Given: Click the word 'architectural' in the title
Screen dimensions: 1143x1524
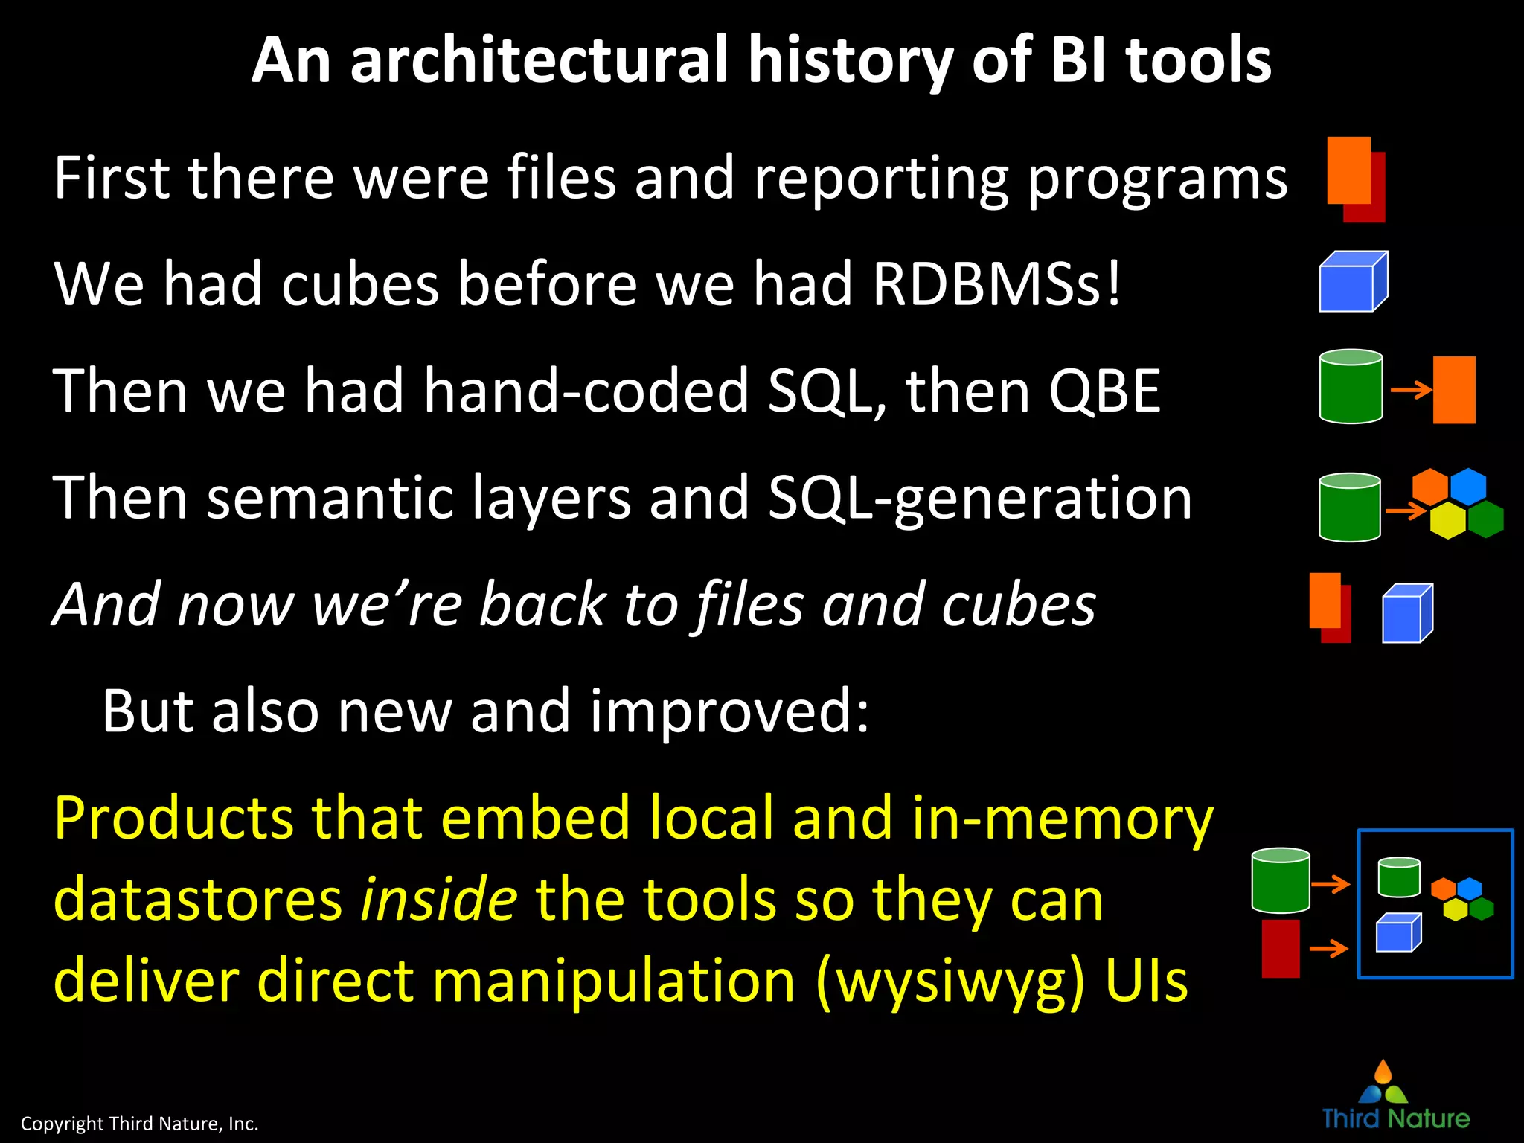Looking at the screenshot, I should pyautogui.click(x=540, y=61).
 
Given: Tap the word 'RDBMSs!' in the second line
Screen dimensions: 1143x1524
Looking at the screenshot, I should pyautogui.click(x=996, y=284).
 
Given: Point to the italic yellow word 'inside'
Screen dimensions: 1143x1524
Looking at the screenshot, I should pyautogui.click(x=438, y=899).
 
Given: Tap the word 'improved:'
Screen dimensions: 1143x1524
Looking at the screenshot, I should pyautogui.click(x=729, y=711).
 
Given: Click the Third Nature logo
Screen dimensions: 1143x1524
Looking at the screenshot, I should pyautogui.click(x=1395, y=1097).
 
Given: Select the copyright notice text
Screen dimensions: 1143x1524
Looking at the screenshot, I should pyautogui.click(x=139, y=1123).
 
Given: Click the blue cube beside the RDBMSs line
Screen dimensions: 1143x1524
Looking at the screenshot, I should pyautogui.click(x=1351, y=283).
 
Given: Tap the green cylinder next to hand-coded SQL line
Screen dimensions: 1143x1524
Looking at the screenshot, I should pyautogui.click(x=1351, y=387).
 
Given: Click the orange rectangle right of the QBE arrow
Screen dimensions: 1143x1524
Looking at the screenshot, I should pyautogui.click(x=1454, y=390).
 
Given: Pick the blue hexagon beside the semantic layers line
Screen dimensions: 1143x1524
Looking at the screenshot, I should pyautogui.click(x=1467, y=486).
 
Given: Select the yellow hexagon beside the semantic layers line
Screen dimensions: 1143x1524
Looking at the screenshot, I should pyautogui.click(x=1447, y=520).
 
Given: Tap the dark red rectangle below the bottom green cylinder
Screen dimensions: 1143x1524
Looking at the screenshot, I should pyautogui.click(x=1281, y=948).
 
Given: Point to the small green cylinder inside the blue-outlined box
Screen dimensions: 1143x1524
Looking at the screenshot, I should pyautogui.click(x=1399, y=878).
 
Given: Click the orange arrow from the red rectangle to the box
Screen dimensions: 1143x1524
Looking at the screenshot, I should pyautogui.click(x=1328, y=948).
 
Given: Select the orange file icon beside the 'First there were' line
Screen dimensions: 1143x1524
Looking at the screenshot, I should pyautogui.click(x=1348, y=170).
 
